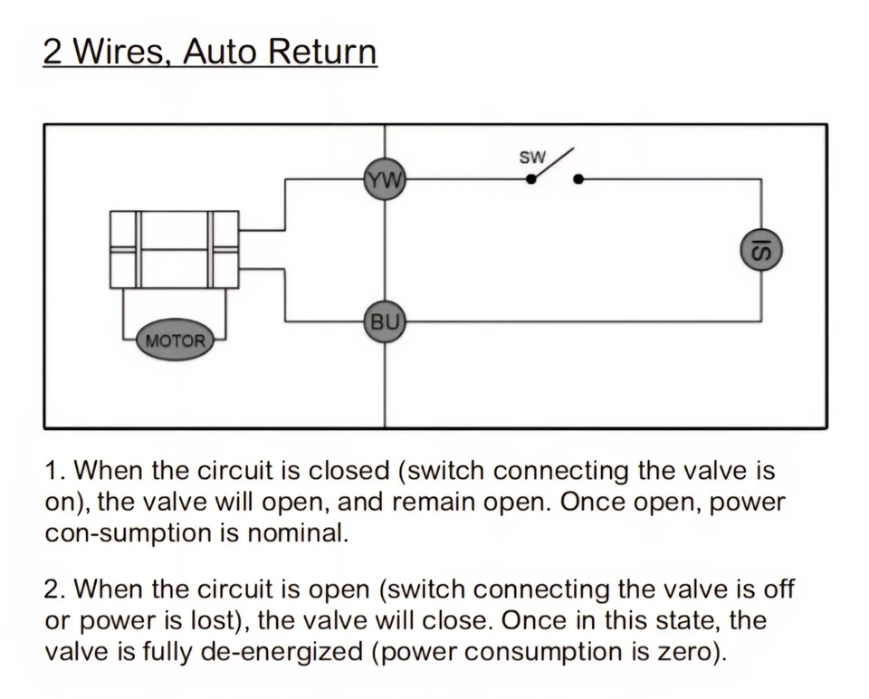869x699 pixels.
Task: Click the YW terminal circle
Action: [x=385, y=179]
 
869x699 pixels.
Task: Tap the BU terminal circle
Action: [x=385, y=321]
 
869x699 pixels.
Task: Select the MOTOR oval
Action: [x=175, y=340]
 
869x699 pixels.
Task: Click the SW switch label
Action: [x=532, y=158]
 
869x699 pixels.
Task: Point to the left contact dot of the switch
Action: [x=531, y=179]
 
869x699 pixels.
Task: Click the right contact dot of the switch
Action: [x=578, y=179]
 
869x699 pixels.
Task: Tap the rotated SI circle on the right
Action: [x=761, y=251]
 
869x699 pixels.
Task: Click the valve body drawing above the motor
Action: [x=175, y=249]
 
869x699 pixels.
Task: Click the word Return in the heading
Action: [x=322, y=52]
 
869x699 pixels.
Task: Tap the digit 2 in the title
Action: [x=53, y=52]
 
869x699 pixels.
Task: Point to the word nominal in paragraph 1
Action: [x=298, y=533]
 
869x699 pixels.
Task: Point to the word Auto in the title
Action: [x=218, y=52]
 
